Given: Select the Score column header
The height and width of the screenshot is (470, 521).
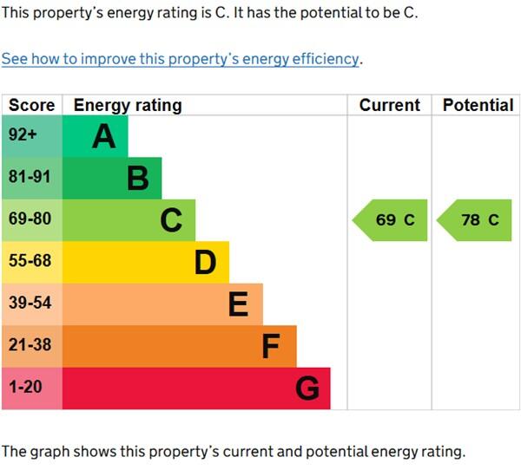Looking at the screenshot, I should [31, 105].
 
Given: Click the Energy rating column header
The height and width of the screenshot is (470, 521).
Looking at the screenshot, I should [128, 105].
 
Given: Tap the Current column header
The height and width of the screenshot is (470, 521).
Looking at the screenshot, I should [389, 105].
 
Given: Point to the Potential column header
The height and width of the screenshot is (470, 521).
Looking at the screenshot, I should [478, 105].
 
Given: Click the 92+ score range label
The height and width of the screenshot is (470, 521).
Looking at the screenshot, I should [23, 136].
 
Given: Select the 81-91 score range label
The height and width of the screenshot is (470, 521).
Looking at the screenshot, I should [30, 178].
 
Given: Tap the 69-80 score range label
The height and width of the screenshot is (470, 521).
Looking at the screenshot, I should [30, 219].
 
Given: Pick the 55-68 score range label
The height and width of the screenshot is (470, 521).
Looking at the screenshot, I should [30, 261].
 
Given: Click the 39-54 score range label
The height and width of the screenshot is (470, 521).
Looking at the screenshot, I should [30, 303].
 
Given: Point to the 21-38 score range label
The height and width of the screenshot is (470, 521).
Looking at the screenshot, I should [30, 344].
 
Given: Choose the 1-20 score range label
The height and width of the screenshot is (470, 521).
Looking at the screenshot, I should [24, 387].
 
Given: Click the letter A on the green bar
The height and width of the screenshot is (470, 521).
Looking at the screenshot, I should [104, 136].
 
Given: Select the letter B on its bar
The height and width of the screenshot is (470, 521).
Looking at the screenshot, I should [137, 179].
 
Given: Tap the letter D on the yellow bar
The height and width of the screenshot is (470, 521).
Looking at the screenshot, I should [205, 262].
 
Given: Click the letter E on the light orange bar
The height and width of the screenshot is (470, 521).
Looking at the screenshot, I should [238, 304].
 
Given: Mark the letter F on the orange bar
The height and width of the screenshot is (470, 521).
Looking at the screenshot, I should [271, 346].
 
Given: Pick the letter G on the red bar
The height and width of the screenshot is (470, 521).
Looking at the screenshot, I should [307, 388].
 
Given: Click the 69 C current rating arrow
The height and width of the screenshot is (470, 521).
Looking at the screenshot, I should [391, 220].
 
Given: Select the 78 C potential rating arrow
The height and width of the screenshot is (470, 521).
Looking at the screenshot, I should [476, 220].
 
